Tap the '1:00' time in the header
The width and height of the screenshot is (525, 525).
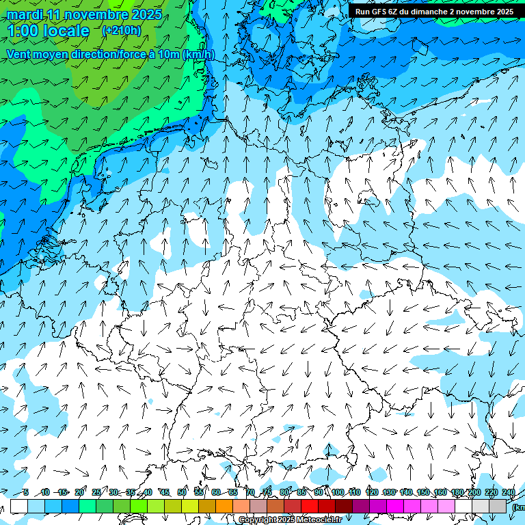click(23, 31)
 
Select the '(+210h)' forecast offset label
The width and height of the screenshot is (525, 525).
click(121, 30)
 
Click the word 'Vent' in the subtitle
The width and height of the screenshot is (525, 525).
click(19, 55)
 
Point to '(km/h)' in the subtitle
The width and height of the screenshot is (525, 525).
click(198, 55)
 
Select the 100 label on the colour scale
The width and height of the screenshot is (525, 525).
click(338, 492)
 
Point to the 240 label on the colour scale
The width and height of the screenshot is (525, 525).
click(509, 492)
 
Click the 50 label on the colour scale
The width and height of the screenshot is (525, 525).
click(182, 492)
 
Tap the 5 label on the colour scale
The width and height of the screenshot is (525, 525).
click(25, 492)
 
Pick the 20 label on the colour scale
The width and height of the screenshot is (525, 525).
click(79, 492)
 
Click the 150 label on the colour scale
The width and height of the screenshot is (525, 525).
click(423, 492)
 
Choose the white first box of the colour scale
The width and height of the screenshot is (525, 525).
click(19, 506)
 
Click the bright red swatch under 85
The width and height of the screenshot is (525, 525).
click(310, 506)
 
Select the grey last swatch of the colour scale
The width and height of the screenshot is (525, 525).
click(498, 506)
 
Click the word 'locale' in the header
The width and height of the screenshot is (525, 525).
click(66, 31)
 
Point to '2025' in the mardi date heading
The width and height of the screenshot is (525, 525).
click(145, 14)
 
